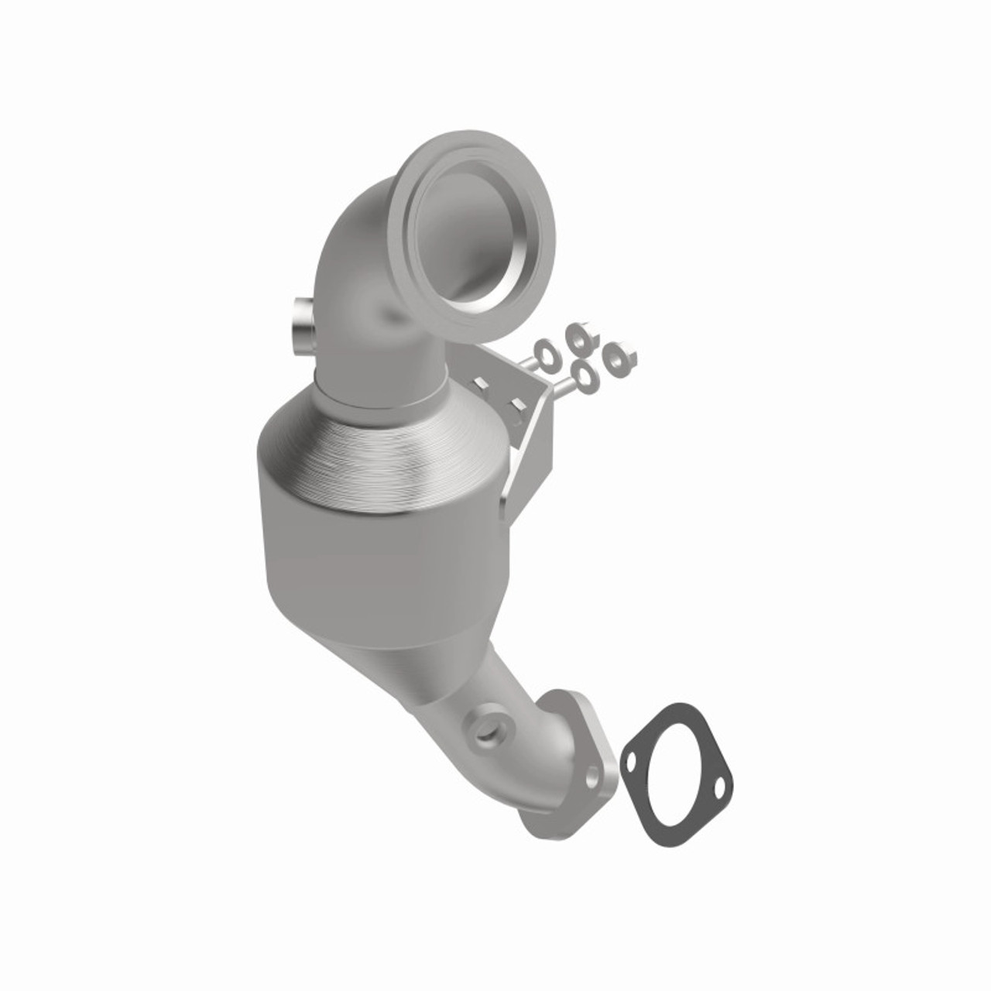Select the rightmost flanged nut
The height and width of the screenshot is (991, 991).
tap(620, 357)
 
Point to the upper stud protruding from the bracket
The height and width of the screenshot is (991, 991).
tap(529, 360)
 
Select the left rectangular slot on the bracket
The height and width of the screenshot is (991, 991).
tap(481, 382)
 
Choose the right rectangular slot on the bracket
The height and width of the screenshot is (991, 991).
tap(513, 405)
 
